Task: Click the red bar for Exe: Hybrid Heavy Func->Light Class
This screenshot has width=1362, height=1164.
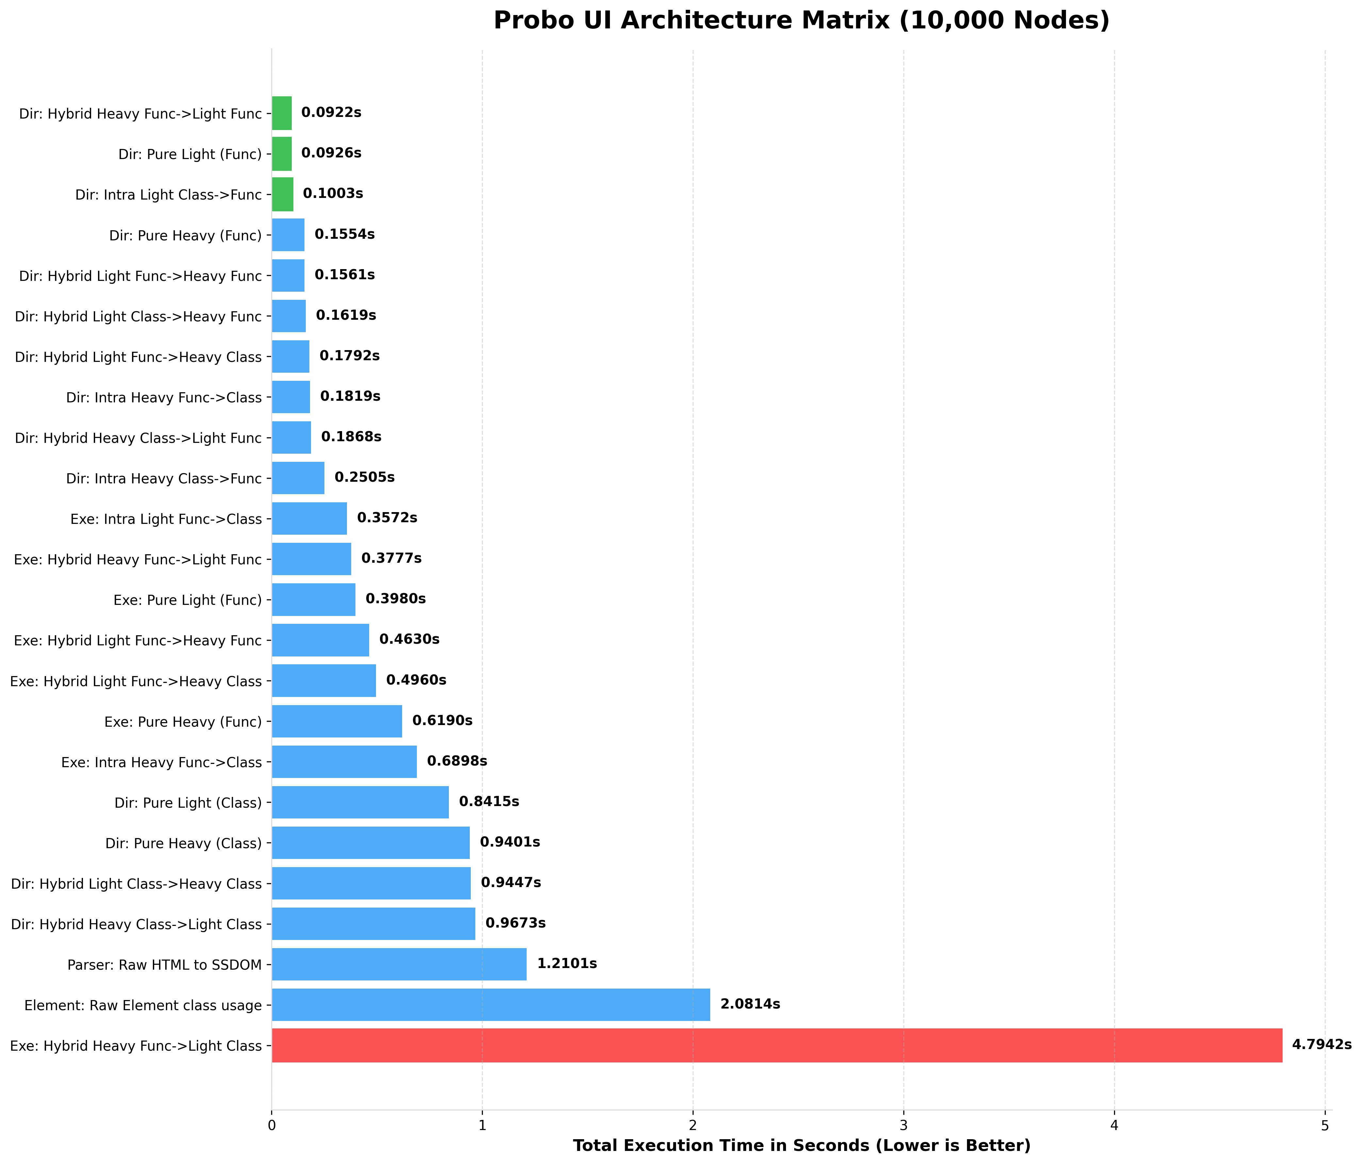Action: (776, 1045)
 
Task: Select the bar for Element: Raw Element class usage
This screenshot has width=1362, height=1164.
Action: (490, 1004)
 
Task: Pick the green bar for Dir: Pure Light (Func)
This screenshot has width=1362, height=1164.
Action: (281, 154)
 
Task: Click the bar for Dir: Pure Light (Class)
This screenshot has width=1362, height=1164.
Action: (360, 802)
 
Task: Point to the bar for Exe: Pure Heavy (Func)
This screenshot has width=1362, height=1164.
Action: (336, 721)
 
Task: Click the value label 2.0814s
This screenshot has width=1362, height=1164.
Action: (750, 1004)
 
